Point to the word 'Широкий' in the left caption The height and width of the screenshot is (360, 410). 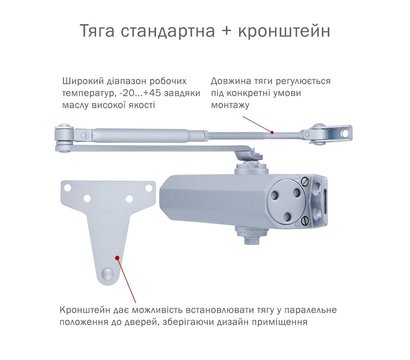coord(83,78)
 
